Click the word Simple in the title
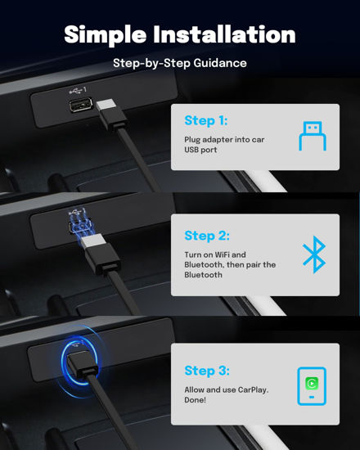tap(105, 35)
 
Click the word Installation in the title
tap(224, 34)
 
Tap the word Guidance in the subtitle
tap(220, 63)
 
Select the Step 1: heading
tap(206, 120)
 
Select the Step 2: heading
tap(207, 236)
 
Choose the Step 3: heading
tap(207, 371)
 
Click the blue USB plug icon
tap(313, 136)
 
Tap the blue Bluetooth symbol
tap(314, 254)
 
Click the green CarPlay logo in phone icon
tap(312, 383)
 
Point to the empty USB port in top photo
tap(80, 105)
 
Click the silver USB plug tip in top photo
tap(106, 105)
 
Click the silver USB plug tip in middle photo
tap(92, 241)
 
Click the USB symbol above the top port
tap(78, 90)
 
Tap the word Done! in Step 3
tap(195, 400)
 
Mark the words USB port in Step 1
tap(200, 150)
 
